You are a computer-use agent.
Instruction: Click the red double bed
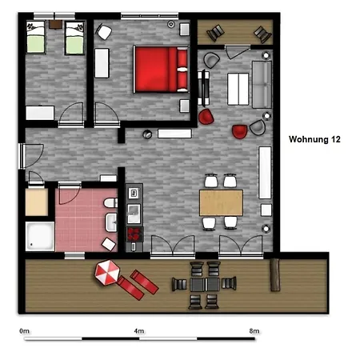[161, 70]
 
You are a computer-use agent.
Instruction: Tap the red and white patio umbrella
[107, 272]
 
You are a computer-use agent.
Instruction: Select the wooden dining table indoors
[221, 202]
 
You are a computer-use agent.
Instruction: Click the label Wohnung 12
[314, 139]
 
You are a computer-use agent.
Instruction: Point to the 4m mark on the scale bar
[139, 338]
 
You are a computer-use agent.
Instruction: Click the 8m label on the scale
[254, 331]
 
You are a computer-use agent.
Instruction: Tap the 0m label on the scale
[24, 331]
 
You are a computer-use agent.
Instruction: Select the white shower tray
[40, 236]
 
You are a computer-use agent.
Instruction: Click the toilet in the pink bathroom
[110, 203]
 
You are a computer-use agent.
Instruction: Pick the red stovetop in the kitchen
[135, 234]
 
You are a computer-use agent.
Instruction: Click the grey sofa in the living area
[262, 85]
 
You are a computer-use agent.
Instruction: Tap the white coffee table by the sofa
[238, 89]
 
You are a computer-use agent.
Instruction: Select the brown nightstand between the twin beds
[55, 24]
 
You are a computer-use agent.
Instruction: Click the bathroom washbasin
[111, 222]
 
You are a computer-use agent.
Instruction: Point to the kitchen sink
[134, 214]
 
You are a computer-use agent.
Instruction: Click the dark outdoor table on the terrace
[205, 285]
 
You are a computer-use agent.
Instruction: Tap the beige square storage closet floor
[37, 202]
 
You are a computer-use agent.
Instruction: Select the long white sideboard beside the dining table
[265, 173]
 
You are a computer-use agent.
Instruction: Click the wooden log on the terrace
[275, 275]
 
